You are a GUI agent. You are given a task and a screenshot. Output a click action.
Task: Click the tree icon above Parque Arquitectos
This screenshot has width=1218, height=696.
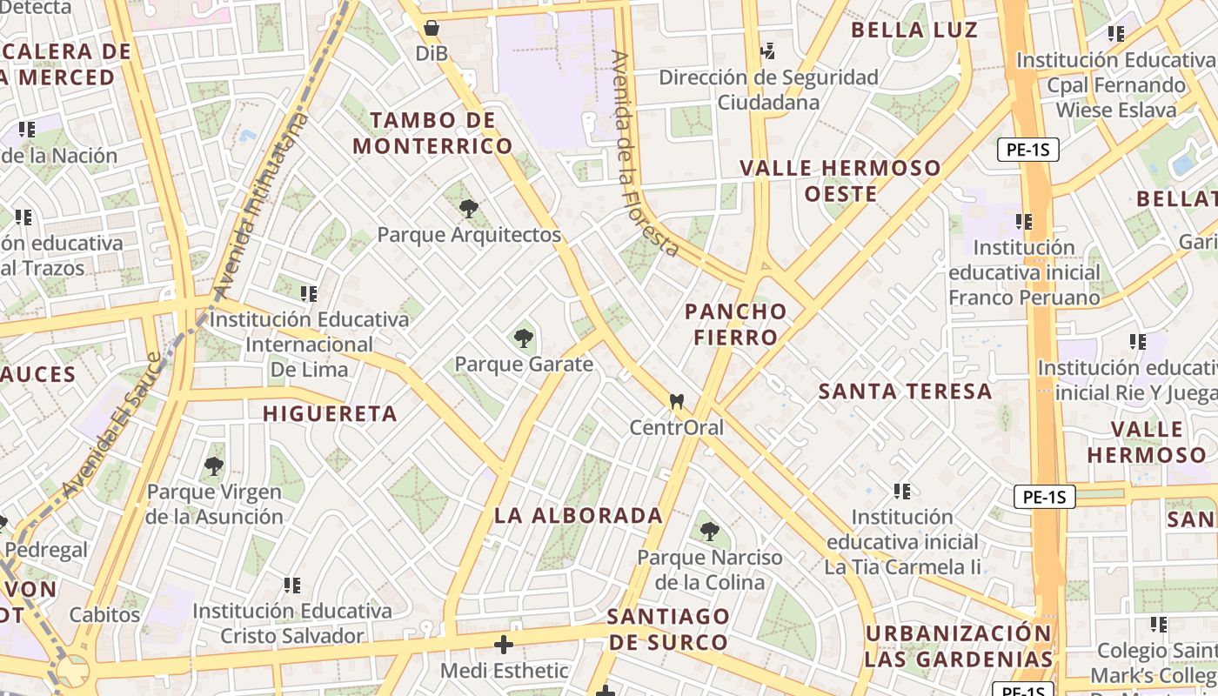(469, 209)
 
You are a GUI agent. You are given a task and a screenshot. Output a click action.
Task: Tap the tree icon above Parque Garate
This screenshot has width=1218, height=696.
(524, 338)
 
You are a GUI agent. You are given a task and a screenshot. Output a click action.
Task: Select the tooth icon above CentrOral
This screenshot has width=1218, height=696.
(676, 402)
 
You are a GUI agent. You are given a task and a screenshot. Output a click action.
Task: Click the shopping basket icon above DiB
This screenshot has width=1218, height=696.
(432, 28)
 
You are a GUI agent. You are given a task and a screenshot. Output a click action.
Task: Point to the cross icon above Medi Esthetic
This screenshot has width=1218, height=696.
(504, 645)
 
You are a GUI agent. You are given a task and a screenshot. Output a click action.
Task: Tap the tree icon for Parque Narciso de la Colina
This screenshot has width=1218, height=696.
(710, 531)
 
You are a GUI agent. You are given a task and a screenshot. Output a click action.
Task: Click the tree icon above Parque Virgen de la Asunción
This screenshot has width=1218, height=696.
(214, 466)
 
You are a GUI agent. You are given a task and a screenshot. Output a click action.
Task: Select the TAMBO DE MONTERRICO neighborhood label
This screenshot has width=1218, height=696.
(432, 133)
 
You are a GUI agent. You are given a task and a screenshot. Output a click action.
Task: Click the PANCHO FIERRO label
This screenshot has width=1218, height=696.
(735, 324)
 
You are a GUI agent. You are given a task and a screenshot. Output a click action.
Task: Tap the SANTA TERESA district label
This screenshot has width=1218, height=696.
(905, 391)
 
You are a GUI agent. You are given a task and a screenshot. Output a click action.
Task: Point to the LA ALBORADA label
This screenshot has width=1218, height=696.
(579, 515)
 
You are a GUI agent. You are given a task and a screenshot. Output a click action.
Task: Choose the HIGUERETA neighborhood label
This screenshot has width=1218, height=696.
(330, 413)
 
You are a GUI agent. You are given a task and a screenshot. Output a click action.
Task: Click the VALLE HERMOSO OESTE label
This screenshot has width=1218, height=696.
(840, 180)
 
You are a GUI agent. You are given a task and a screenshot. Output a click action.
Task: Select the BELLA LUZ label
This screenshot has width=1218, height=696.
(914, 30)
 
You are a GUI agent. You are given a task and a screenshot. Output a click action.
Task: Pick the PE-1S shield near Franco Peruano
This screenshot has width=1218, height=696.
(1027, 150)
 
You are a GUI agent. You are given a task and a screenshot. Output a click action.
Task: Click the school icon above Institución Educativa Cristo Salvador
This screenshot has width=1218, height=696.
(292, 586)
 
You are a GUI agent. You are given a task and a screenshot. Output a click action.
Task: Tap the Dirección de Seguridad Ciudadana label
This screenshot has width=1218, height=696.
(768, 90)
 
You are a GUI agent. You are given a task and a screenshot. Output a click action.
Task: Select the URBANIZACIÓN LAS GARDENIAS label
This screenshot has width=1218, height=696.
(959, 646)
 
